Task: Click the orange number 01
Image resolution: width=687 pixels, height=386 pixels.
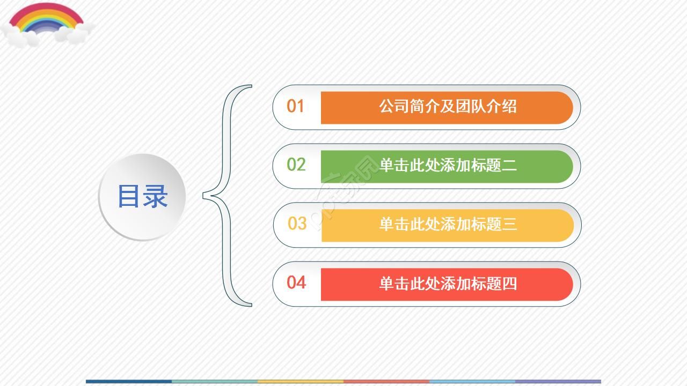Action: [295, 106]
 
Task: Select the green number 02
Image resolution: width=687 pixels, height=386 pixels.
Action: [296, 165]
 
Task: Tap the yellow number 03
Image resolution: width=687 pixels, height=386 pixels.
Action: [297, 223]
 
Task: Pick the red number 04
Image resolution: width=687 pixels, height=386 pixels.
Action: [296, 282]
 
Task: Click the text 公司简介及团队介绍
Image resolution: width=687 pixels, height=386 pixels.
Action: [448, 106]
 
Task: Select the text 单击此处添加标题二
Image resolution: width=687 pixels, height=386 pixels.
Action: [448, 165]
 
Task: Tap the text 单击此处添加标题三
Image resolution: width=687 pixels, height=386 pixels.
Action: [448, 224]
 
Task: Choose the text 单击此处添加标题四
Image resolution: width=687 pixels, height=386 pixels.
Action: [448, 283]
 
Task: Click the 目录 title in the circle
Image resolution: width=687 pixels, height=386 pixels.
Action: [142, 196]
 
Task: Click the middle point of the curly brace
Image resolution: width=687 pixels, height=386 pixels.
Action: [207, 195]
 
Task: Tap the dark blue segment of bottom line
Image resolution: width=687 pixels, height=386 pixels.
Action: [129, 382]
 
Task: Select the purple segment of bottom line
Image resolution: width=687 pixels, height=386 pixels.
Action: [558, 382]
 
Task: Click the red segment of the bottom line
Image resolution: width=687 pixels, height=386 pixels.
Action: [386, 382]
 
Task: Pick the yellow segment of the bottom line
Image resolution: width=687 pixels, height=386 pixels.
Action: [301, 382]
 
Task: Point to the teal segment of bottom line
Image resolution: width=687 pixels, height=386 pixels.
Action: [215, 382]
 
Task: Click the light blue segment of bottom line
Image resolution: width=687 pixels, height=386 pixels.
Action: [472, 382]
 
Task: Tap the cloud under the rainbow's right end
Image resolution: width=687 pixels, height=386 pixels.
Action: [75, 34]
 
